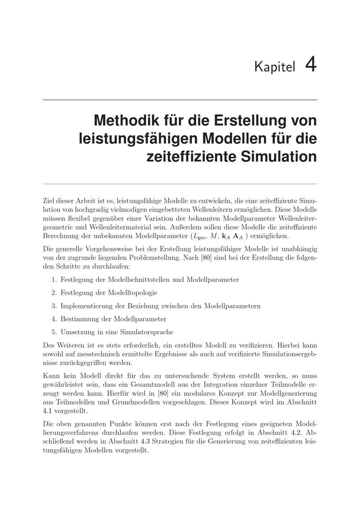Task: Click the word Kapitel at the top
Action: [x=274, y=67]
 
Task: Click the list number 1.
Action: [x=54, y=280]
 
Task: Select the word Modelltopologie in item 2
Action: [x=132, y=293]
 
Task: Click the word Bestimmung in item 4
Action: [x=77, y=319]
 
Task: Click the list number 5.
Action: [x=54, y=332]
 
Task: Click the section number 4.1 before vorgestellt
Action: [x=47, y=410]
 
